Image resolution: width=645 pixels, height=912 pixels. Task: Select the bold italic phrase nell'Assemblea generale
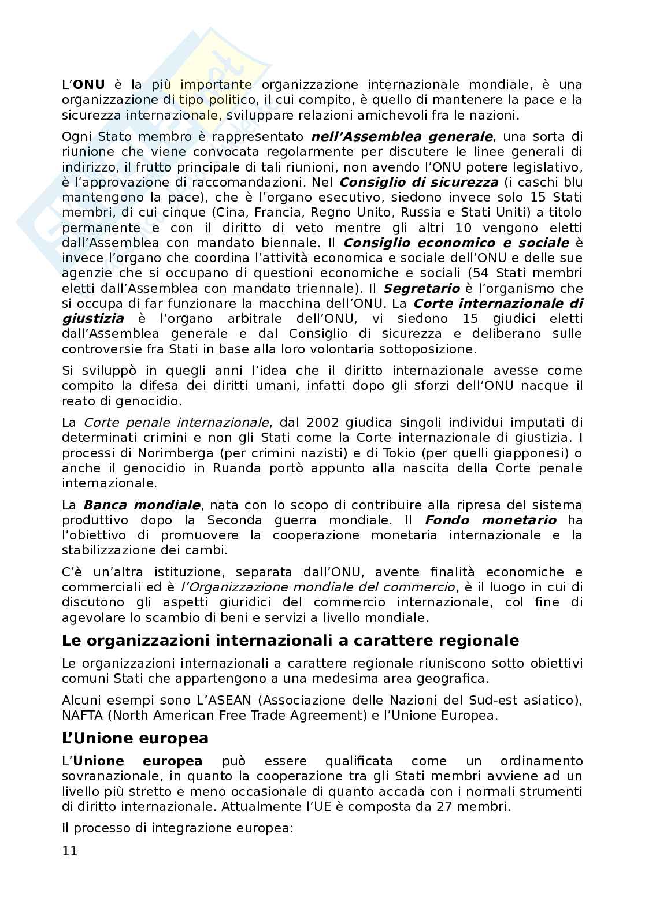click(x=402, y=137)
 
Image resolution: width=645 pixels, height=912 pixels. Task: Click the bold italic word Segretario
click(x=422, y=288)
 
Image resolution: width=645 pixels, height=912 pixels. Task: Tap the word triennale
click(x=311, y=288)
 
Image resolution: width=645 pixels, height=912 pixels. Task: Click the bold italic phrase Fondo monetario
click(x=491, y=520)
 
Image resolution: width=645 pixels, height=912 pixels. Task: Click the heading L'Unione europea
click(x=135, y=739)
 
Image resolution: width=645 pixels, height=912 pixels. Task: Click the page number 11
click(x=69, y=851)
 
